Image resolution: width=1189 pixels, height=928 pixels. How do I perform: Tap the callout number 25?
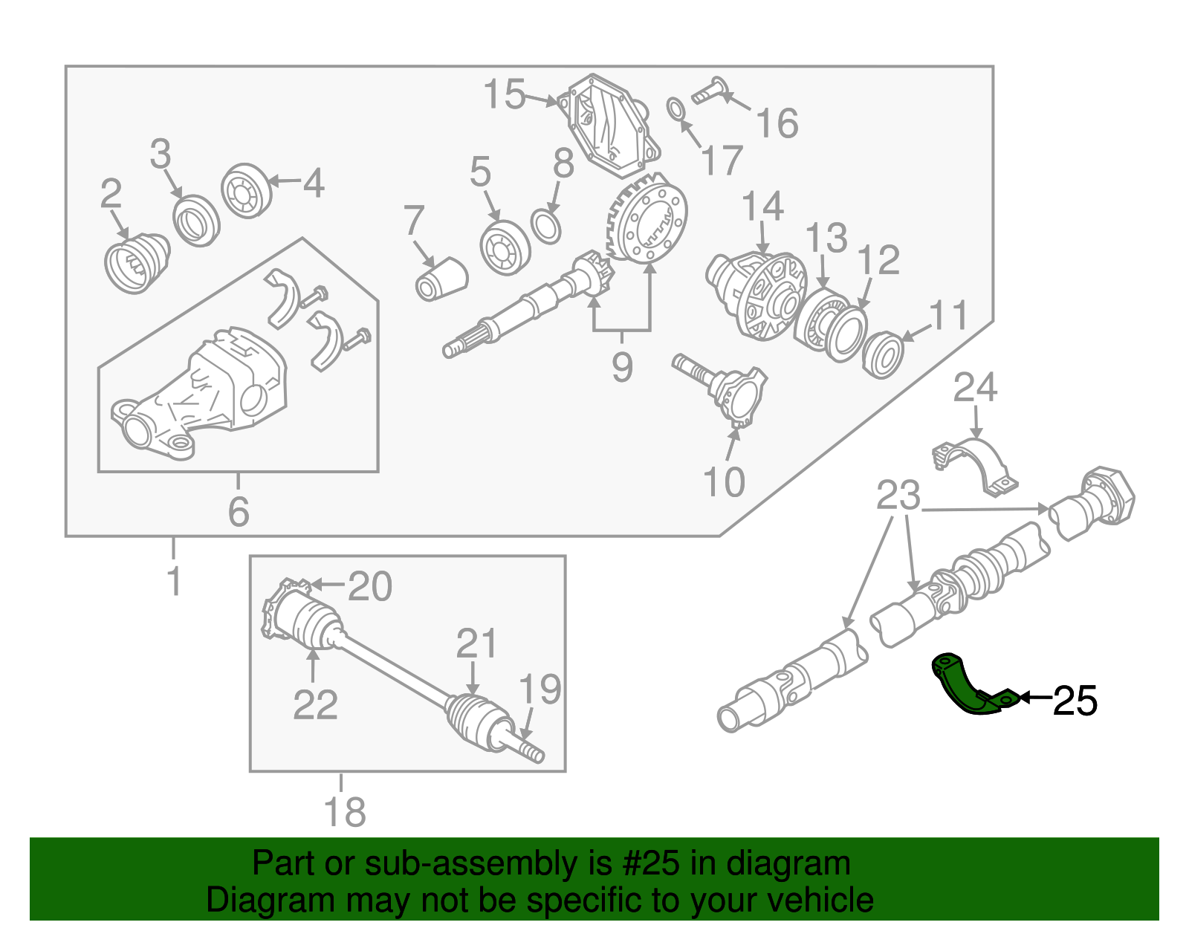1075,701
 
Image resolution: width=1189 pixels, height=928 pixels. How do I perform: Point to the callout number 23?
898,496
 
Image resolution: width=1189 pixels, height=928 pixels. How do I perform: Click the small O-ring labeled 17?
676,109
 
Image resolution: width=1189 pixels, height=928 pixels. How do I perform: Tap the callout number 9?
622,366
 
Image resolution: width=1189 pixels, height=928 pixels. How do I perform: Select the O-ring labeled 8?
547,227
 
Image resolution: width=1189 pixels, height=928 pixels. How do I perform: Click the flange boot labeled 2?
137,264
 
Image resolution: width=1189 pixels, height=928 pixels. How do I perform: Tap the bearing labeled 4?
246,191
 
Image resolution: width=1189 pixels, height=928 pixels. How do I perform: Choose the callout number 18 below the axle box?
345,811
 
